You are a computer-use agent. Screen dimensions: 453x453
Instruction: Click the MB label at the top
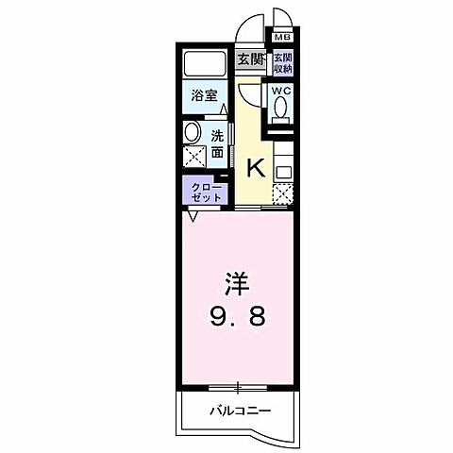(282, 39)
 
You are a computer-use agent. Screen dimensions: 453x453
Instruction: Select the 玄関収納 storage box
(282, 63)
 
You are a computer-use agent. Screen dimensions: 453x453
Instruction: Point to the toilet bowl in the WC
(281, 109)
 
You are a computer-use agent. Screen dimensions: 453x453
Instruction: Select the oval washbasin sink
(192, 132)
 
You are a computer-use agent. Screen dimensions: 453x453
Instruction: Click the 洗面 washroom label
(217, 143)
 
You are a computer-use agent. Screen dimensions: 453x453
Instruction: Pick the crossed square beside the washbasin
(193, 157)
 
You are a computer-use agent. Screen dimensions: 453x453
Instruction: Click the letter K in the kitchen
(254, 169)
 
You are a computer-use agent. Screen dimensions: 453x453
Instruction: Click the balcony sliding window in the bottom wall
(238, 387)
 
